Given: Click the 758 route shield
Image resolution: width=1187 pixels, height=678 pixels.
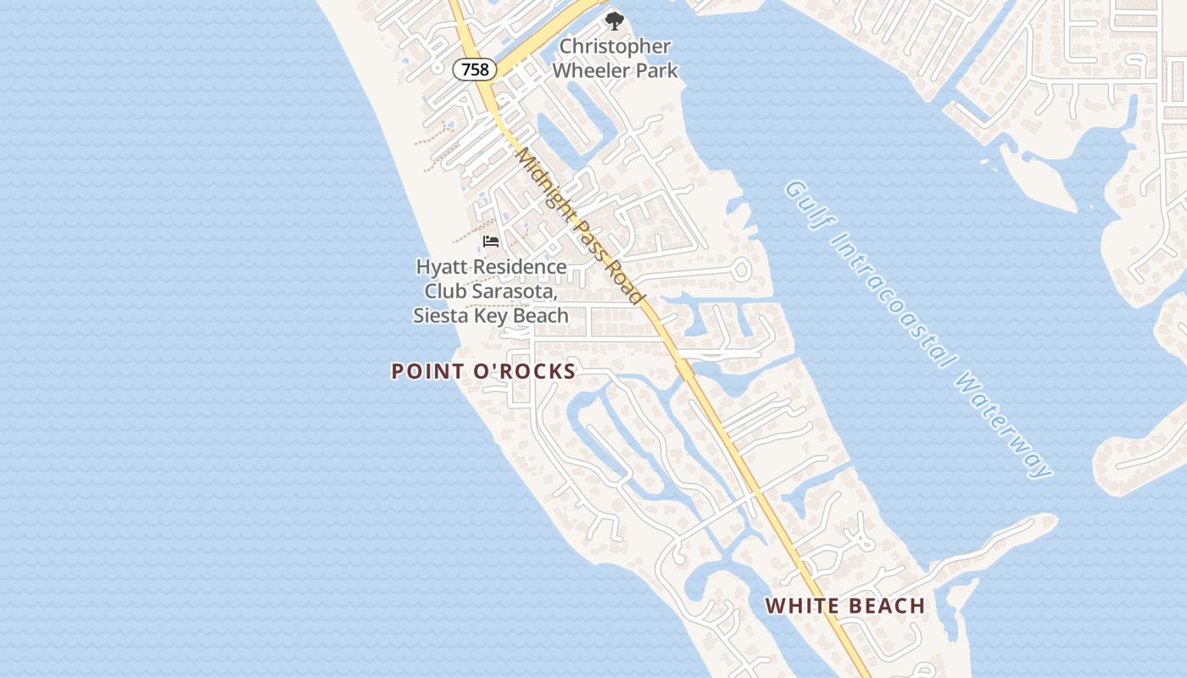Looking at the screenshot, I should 475,69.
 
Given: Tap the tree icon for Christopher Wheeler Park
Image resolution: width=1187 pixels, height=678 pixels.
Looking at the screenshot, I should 613,20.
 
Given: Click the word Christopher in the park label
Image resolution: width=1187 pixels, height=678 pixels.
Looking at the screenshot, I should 615,47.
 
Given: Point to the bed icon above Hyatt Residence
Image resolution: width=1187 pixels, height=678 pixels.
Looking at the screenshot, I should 491,242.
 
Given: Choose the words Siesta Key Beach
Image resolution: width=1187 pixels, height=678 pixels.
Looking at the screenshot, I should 491,316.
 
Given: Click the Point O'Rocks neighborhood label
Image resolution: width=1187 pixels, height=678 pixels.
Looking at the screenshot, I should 483,371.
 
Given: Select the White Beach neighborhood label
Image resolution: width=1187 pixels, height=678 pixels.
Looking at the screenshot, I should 844,606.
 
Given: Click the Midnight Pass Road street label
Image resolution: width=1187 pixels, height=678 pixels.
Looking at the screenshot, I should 581,226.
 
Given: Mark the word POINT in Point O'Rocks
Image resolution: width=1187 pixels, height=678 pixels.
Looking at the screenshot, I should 427,371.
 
